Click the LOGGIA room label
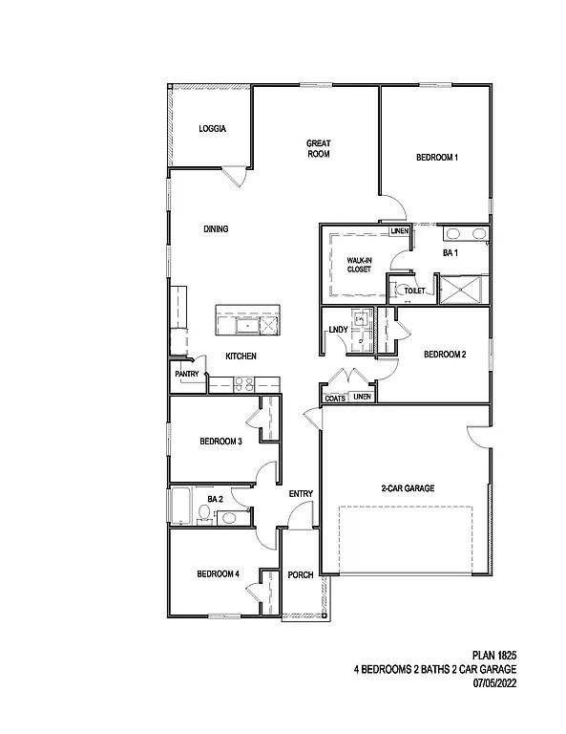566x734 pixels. (x=211, y=129)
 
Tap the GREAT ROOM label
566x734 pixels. (x=318, y=148)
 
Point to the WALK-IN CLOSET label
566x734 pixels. (x=359, y=265)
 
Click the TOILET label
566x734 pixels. (x=415, y=291)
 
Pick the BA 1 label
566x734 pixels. (x=451, y=253)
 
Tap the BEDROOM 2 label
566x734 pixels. (x=445, y=355)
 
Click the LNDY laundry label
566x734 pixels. (x=337, y=331)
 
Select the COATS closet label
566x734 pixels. (x=334, y=398)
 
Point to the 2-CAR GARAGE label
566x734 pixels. (x=408, y=488)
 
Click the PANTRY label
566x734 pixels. (x=187, y=375)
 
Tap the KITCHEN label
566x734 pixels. (x=241, y=356)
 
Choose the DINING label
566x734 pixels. (x=216, y=229)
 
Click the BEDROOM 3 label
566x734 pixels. (x=220, y=442)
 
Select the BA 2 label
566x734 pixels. (x=215, y=499)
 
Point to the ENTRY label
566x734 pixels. (x=301, y=493)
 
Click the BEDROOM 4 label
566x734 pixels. (x=218, y=574)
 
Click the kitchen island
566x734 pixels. (x=249, y=321)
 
